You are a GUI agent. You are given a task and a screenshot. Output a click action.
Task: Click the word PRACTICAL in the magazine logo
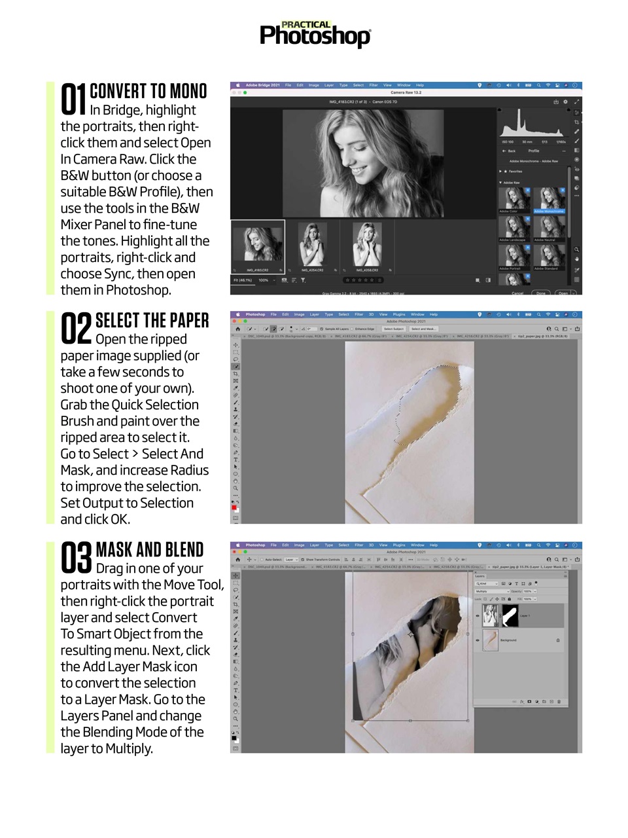click(x=305, y=24)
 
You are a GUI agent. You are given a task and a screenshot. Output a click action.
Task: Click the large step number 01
click(x=74, y=99)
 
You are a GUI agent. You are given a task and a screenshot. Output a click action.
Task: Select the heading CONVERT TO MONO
click(x=148, y=91)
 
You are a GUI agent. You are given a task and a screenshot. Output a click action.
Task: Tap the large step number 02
click(x=77, y=328)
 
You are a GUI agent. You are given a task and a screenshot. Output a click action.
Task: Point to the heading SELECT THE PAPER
click(x=152, y=320)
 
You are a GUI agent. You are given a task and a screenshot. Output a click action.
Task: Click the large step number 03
click(x=77, y=557)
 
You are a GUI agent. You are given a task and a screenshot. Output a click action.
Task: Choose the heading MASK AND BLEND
click(x=149, y=549)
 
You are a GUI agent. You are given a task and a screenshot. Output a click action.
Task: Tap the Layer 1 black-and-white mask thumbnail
click(x=510, y=615)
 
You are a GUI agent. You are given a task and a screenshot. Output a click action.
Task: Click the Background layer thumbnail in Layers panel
click(x=491, y=640)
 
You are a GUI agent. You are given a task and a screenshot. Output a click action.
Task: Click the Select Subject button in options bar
click(x=394, y=329)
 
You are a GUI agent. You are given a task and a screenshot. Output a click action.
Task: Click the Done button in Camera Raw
click(x=540, y=293)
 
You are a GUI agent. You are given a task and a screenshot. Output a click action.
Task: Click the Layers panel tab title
click(x=480, y=576)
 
